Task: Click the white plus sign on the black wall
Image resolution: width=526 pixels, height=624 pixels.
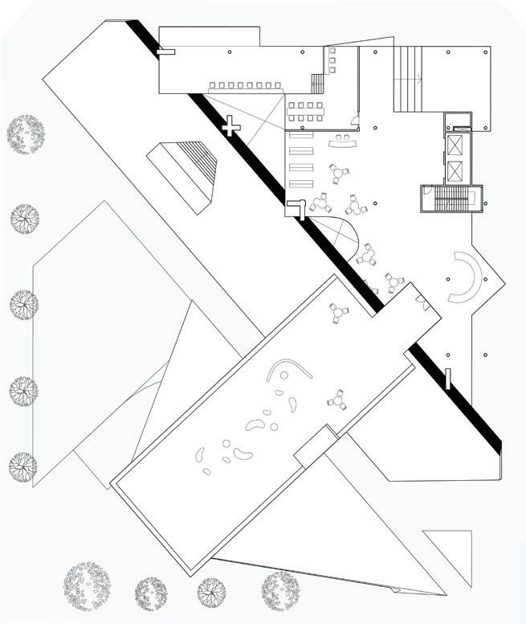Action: coord(230,126)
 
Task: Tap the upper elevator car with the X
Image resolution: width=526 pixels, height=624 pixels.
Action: coord(455,146)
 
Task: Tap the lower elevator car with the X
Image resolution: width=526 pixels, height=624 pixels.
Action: coord(455,170)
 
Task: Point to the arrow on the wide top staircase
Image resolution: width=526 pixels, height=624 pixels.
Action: coord(417,79)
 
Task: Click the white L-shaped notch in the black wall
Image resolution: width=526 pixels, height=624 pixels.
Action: coord(297,208)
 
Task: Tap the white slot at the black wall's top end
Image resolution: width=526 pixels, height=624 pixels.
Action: coord(166,51)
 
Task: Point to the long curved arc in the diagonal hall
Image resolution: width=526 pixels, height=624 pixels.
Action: coord(289,370)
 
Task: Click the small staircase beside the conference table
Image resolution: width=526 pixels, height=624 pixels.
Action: coord(320,84)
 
